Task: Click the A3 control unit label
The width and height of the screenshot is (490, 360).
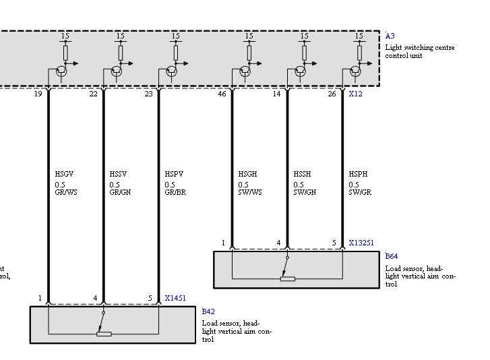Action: click(x=390, y=36)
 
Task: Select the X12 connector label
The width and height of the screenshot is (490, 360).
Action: click(x=355, y=94)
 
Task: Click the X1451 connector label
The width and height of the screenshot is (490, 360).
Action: click(x=176, y=297)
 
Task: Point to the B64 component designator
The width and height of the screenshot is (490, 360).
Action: click(x=391, y=257)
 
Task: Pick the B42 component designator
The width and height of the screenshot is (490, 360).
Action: click(x=208, y=311)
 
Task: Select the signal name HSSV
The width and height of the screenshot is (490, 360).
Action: click(x=118, y=175)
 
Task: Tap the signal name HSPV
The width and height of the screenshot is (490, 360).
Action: click(x=174, y=175)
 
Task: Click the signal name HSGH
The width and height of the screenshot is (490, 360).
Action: click(x=247, y=175)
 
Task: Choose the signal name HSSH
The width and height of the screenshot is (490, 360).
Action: click(x=302, y=175)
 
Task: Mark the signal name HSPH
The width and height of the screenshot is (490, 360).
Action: click(x=358, y=175)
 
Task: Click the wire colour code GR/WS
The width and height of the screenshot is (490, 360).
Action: click(x=66, y=192)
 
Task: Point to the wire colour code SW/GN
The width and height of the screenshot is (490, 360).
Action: click(x=304, y=192)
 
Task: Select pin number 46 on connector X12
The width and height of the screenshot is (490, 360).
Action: click(x=222, y=94)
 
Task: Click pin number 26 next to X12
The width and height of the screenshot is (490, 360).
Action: click(x=332, y=94)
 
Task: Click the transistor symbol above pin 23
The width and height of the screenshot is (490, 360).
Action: click(x=171, y=70)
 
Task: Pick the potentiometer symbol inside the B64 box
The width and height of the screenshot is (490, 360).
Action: click(x=288, y=278)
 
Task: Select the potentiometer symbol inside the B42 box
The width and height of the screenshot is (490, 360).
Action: click(x=104, y=333)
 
